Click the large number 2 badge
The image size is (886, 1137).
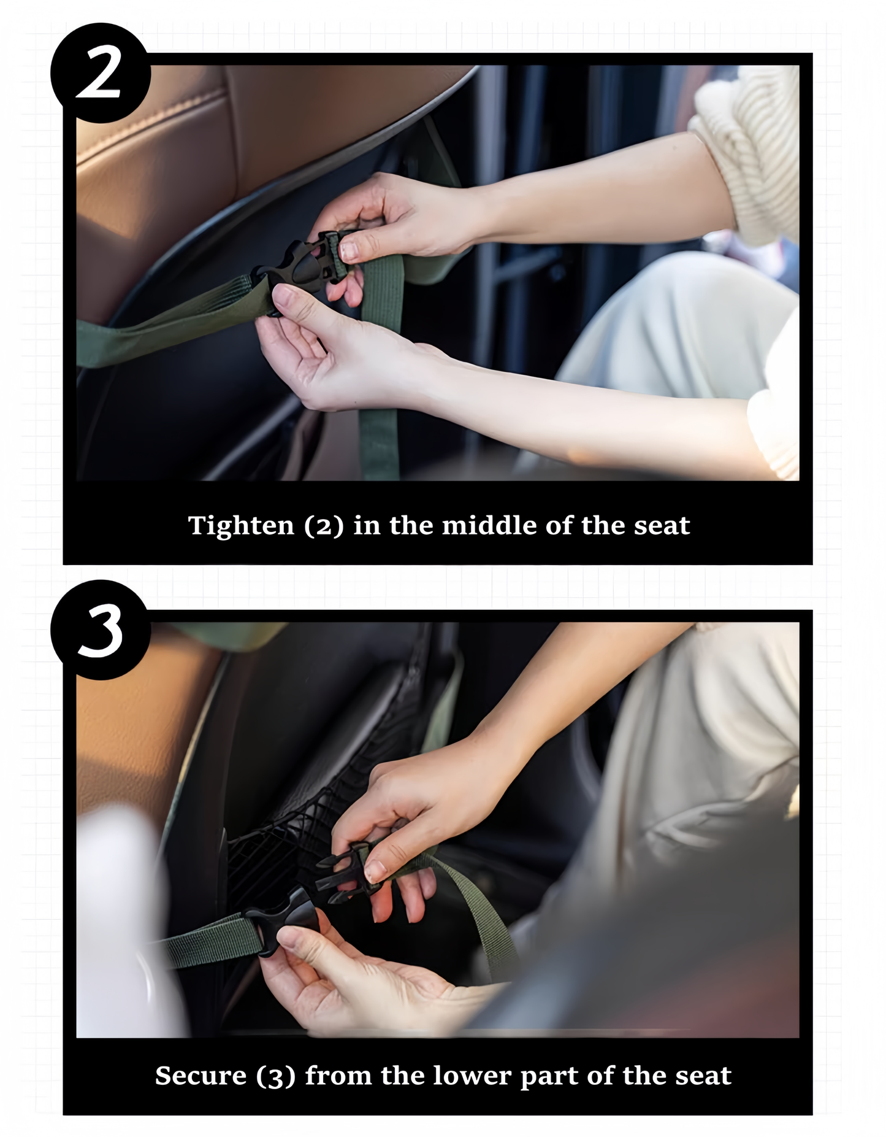pyautogui.click(x=100, y=73)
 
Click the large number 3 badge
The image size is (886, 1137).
pyautogui.click(x=100, y=630)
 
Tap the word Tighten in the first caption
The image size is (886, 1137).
pyautogui.click(x=241, y=526)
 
